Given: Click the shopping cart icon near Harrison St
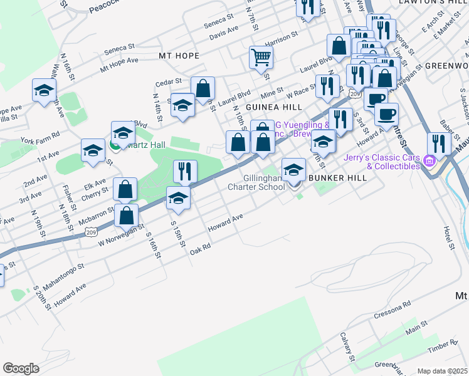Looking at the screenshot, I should coord(261,58).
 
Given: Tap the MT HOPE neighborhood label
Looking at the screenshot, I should coord(179,56).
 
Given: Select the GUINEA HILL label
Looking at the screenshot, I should coord(270,107).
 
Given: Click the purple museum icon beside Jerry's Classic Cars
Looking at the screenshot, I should coord(429,162).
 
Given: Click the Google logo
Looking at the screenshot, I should coord(21,368).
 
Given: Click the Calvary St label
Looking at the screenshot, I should coord(347,347).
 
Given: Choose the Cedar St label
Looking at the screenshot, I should coord(169,82).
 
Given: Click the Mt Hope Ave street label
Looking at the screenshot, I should coord(119,63).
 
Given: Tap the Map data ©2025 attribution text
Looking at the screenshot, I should coord(442,371).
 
